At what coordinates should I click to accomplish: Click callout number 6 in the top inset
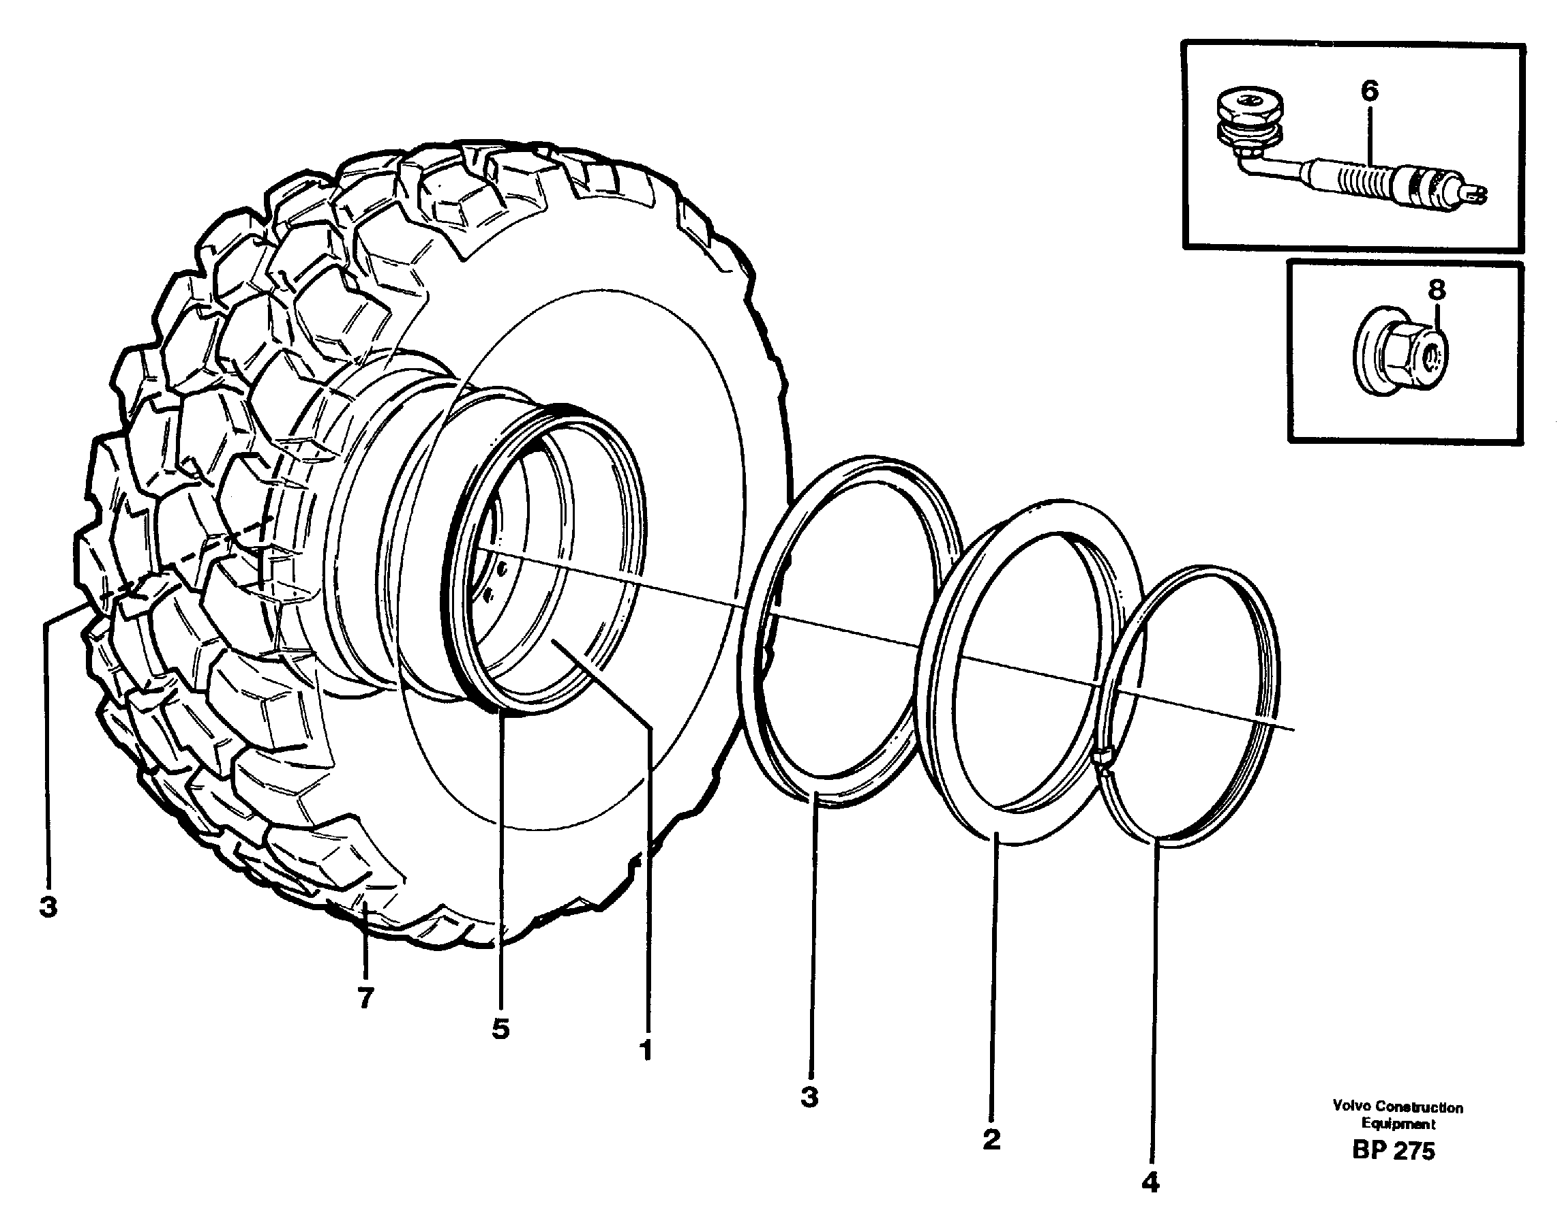[x=1368, y=91]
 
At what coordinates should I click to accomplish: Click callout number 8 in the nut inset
[x=1437, y=290]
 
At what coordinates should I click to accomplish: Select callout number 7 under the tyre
[x=365, y=997]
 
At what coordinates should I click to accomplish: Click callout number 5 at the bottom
[x=500, y=1028]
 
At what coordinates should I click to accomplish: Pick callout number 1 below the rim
[x=646, y=1051]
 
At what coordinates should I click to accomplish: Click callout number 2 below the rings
[x=991, y=1139]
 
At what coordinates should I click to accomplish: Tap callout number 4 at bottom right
[x=1150, y=1183]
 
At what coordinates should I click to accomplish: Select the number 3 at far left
[x=48, y=907]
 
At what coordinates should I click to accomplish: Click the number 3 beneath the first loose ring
[x=809, y=1096]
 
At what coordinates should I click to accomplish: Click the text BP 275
[x=1393, y=1151]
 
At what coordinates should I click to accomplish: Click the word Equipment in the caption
[x=1398, y=1124]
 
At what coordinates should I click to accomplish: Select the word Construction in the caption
[x=1419, y=1107]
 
